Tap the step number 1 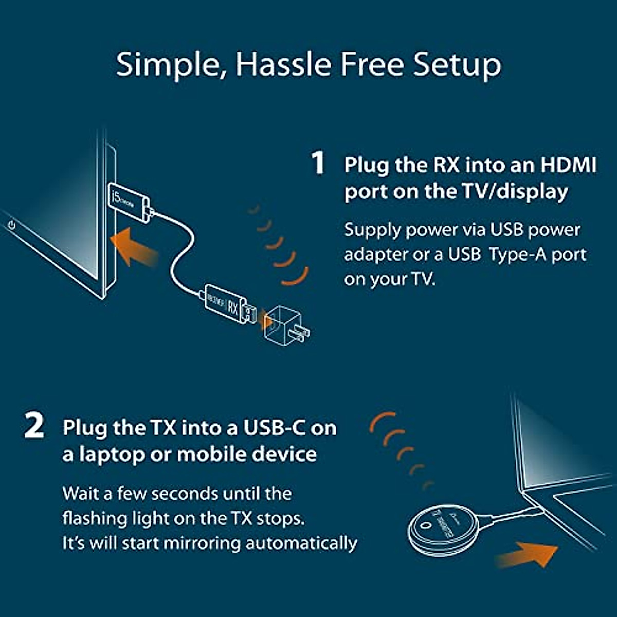[319, 163]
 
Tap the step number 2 [34, 427]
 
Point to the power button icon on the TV [12, 224]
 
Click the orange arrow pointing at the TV [135, 247]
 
